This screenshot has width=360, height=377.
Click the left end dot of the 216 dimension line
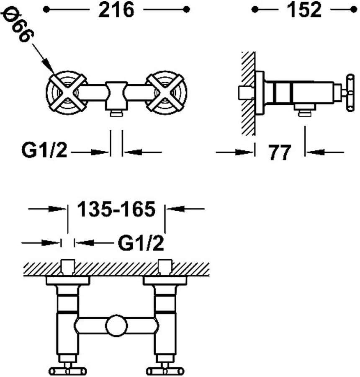click(x=46, y=10)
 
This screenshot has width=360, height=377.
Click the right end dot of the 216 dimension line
click(x=186, y=10)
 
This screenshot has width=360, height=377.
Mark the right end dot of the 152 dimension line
click(x=353, y=10)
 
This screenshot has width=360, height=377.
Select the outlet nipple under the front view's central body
click(x=116, y=113)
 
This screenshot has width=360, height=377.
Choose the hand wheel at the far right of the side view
click(x=350, y=93)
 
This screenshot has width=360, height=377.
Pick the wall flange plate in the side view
click(x=260, y=93)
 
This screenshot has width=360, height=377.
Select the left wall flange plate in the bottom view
click(x=68, y=280)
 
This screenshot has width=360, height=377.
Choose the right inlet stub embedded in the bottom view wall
click(x=165, y=267)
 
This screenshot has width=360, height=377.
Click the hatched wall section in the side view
click(x=248, y=93)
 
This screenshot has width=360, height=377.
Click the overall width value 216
click(x=116, y=10)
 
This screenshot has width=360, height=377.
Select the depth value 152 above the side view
click(x=304, y=10)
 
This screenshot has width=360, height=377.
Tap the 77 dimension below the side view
click(x=280, y=152)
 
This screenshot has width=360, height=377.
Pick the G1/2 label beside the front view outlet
click(x=44, y=150)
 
